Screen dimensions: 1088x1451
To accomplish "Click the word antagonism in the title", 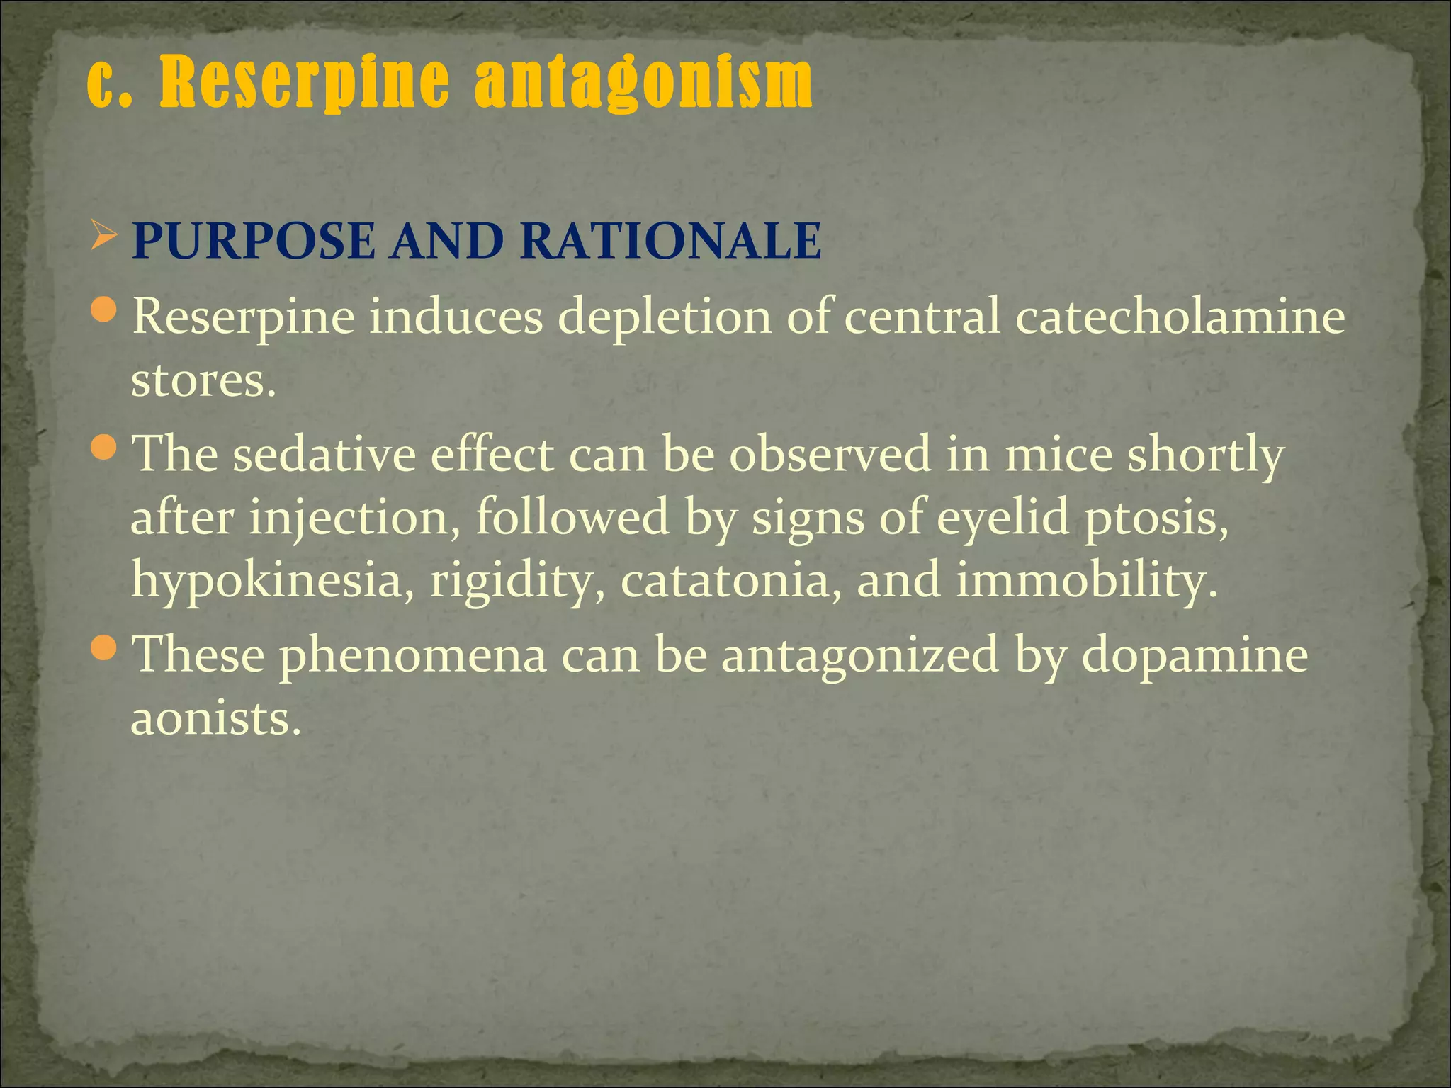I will (643, 84).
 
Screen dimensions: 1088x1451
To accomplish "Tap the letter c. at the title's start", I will (111, 84).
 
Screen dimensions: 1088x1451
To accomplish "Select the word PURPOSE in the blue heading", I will (254, 241).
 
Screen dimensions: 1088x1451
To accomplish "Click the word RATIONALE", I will (670, 241).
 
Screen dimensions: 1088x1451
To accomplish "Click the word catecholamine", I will (1180, 316).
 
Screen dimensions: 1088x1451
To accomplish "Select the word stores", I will (203, 380).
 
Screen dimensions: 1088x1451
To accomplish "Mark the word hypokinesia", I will (266, 582).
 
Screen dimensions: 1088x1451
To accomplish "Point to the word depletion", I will (665, 317).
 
